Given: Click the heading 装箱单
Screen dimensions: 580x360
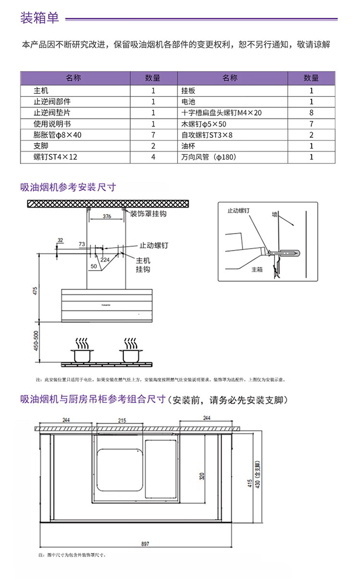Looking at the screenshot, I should click(x=39, y=18).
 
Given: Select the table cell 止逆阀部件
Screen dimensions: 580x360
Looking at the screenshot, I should click(x=52, y=102).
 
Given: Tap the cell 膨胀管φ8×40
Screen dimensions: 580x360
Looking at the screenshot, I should click(x=58, y=135).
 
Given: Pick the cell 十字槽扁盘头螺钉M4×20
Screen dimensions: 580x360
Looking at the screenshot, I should click(x=221, y=113).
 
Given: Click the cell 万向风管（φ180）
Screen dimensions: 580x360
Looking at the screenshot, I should click(x=209, y=157).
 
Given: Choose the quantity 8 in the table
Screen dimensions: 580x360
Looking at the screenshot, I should click(x=311, y=113).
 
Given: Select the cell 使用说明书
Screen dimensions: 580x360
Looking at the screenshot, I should click(x=52, y=124).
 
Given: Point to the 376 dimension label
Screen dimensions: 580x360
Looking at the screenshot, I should click(x=107, y=217).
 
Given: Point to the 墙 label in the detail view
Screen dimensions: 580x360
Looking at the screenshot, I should click(x=275, y=214).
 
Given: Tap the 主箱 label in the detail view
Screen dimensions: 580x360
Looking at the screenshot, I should click(x=257, y=270).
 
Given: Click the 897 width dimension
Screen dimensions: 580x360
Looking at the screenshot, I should click(x=145, y=544).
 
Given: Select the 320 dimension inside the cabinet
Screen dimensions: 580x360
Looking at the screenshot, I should click(x=202, y=476).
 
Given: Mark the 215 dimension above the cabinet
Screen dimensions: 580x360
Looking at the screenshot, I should click(x=122, y=420).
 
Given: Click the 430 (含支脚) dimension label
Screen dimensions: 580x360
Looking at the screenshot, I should click(x=258, y=475).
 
